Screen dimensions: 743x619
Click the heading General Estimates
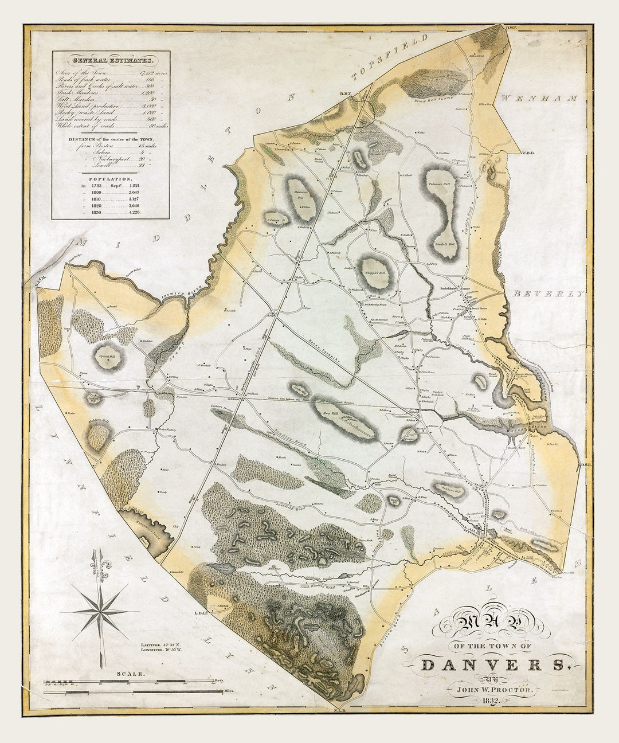[x=111, y=60]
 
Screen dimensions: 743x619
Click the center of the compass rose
[x=101, y=612]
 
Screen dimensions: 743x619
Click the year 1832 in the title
[x=491, y=701]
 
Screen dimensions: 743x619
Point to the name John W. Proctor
[x=491, y=690]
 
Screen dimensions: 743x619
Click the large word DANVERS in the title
[x=491, y=665]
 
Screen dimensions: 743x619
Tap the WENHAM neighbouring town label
[x=539, y=99]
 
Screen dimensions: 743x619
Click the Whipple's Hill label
[x=376, y=273]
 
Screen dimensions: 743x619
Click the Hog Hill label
[x=331, y=412]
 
